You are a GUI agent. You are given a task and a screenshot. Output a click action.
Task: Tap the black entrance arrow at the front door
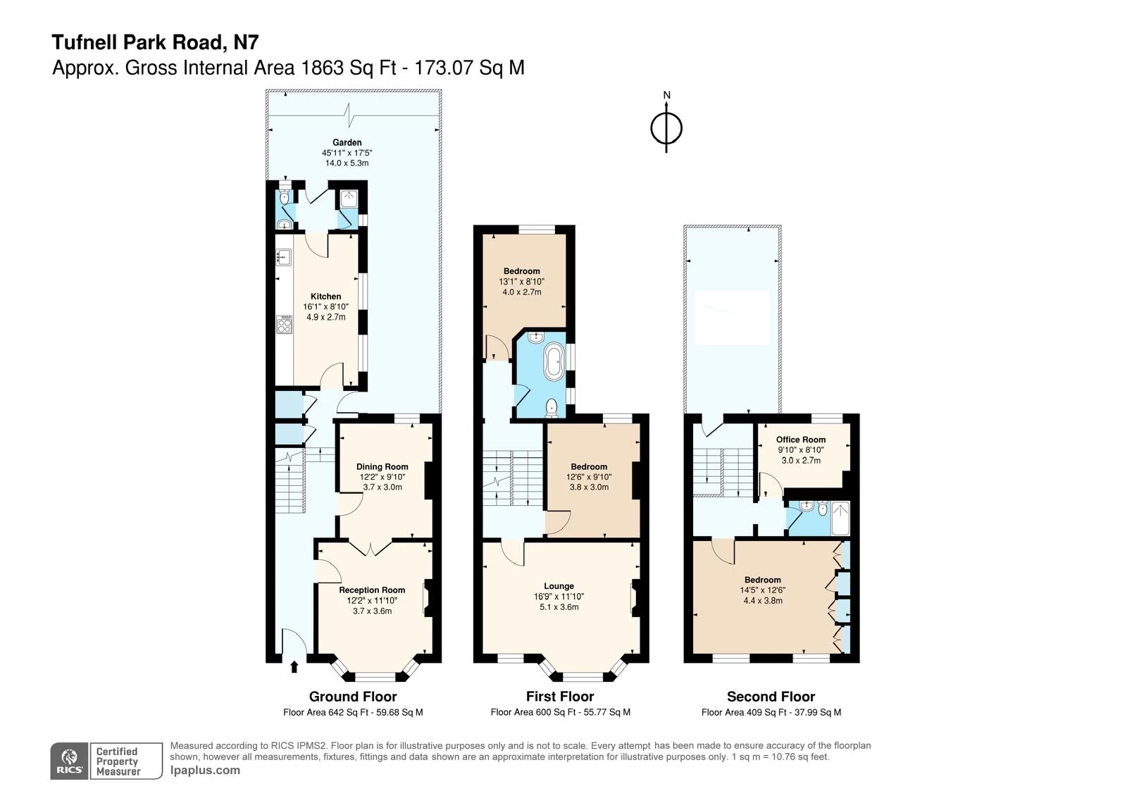(294, 666)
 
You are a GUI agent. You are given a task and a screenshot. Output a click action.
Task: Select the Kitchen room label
(325, 297)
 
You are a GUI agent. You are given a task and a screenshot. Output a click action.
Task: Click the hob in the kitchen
(285, 325)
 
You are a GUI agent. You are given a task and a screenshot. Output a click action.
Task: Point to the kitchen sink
(283, 257)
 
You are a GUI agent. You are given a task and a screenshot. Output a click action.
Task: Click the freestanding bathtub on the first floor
(554, 362)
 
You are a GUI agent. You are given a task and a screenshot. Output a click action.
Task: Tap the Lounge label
(559, 586)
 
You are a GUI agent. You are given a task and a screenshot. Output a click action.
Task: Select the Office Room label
(801, 440)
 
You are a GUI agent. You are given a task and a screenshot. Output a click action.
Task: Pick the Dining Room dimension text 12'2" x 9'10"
(382, 477)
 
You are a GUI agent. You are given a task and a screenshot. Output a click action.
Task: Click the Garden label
(347, 142)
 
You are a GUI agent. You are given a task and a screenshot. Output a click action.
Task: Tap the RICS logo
(70, 761)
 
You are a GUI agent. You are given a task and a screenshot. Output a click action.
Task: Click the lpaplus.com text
(205, 771)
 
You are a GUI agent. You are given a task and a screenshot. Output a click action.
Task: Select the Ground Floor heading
(353, 697)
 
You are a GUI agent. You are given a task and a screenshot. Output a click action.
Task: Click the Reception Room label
(372, 590)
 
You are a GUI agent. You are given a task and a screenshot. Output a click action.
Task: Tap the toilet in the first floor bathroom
(552, 406)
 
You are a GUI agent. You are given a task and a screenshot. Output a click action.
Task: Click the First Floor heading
(560, 697)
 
